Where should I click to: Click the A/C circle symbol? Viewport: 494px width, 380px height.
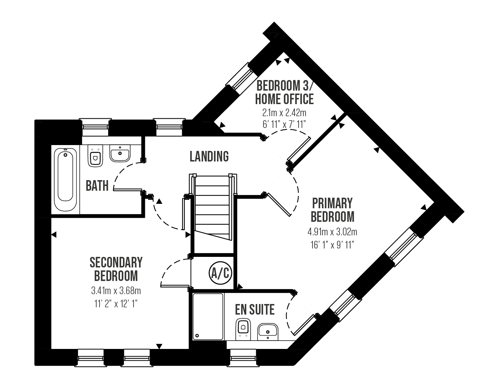(x=220, y=273)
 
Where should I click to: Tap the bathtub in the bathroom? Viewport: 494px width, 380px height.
(x=66, y=179)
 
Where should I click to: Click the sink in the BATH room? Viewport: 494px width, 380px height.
(x=120, y=153)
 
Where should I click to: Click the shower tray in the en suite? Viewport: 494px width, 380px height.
(x=208, y=316)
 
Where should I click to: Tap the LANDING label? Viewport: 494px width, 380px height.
(x=209, y=156)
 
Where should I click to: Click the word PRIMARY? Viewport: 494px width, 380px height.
(x=332, y=203)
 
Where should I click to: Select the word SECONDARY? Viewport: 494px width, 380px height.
(x=116, y=262)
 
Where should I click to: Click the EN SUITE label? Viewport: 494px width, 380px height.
(x=255, y=309)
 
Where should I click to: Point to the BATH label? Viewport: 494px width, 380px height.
(x=97, y=186)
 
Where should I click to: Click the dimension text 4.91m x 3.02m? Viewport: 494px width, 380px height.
(x=332, y=232)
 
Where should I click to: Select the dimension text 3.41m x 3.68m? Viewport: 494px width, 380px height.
(x=116, y=290)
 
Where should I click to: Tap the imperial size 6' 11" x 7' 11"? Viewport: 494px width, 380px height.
(x=284, y=124)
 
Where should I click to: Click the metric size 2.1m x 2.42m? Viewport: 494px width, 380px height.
(x=284, y=113)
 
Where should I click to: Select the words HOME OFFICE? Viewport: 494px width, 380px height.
(x=284, y=99)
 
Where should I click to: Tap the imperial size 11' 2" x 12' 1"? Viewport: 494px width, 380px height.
(x=116, y=304)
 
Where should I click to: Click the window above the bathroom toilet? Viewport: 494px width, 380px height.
(x=95, y=127)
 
